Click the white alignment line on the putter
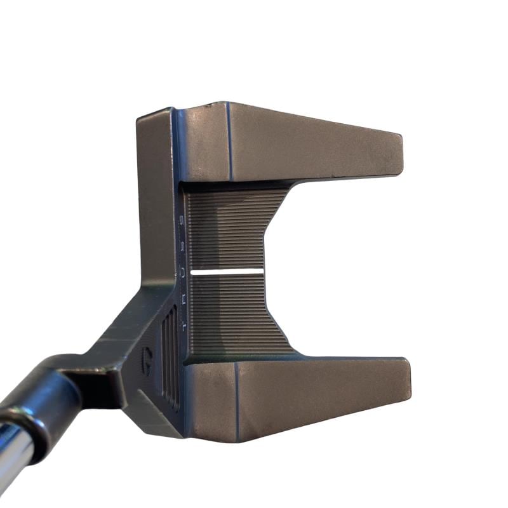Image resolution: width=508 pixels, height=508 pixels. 227,272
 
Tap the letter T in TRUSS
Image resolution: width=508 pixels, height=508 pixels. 184,326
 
